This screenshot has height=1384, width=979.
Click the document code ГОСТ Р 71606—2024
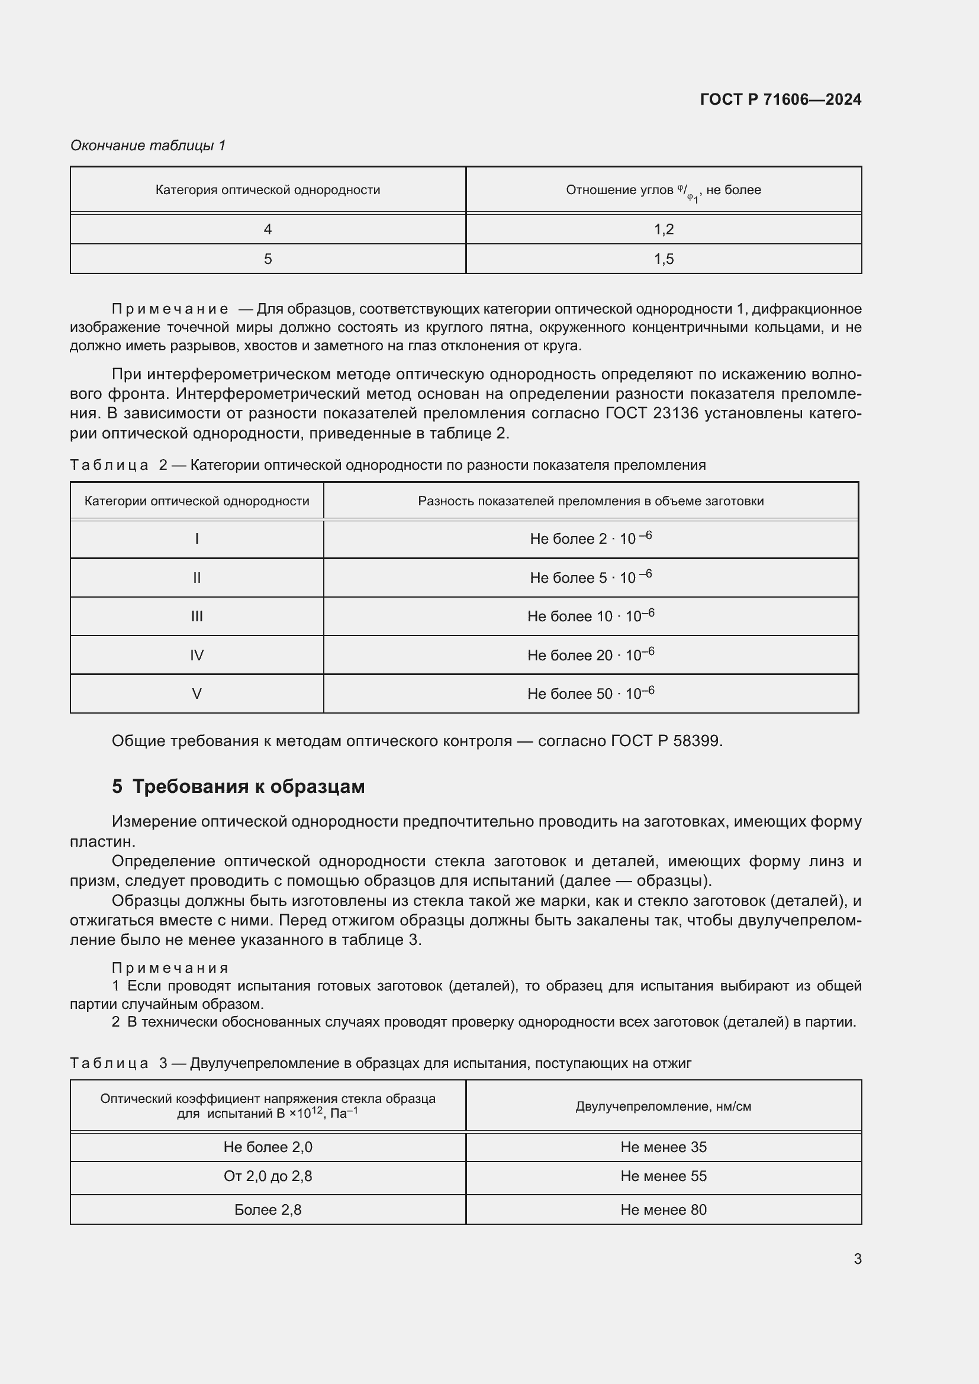(x=780, y=99)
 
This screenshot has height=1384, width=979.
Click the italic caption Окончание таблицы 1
(x=148, y=146)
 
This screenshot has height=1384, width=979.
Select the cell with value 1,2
(x=663, y=229)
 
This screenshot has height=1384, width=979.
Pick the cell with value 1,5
(x=663, y=259)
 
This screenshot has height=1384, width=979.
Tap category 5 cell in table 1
(x=268, y=259)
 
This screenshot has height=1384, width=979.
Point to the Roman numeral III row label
(x=197, y=616)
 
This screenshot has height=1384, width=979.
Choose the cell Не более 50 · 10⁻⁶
(x=590, y=694)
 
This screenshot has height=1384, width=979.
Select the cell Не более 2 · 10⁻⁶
(x=590, y=539)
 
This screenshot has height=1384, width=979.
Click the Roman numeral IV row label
(x=197, y=655)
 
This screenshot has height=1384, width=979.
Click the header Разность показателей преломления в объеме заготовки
(x=590, y=501)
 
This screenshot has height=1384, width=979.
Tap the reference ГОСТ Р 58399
(x=665, y=741)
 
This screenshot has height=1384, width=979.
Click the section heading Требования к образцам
(x=248, y=786)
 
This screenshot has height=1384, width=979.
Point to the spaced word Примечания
(x=170, y=968)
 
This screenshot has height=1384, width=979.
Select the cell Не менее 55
(x=663, y=1176)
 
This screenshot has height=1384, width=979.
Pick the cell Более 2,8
(x=268, y=1210)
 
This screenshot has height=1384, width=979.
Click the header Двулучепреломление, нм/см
(x=663, y=1106)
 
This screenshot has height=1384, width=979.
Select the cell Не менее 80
(x=663, y=1210)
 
